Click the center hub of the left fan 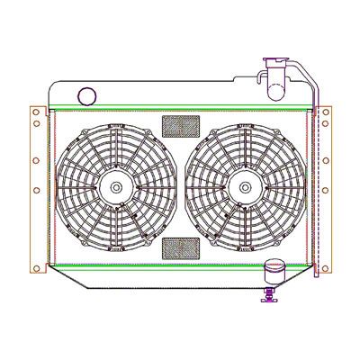[116, 186]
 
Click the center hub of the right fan [244, 186]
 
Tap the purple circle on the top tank [87, 95]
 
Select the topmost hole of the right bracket [325, 112]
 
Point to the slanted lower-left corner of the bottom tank [72, 280]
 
